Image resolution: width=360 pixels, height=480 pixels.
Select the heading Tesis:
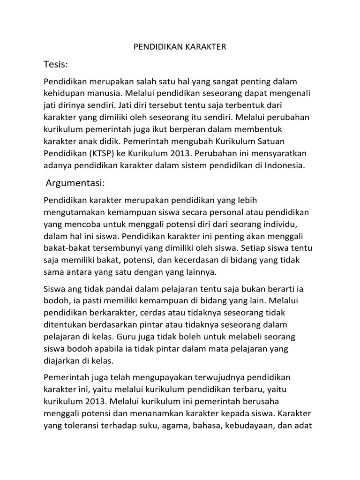coord(56,63)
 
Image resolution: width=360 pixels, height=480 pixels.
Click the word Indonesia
coord(283,165)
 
